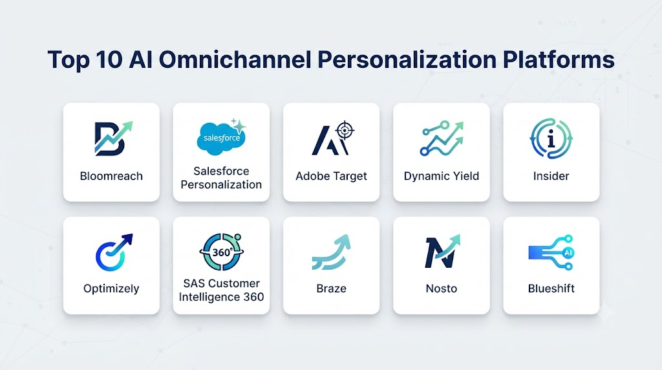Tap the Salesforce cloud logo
click(x=222, y=137)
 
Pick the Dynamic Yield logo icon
click(x=442, y=138)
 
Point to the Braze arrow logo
click(x=332, y=252)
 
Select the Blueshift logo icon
click(x=551, y=252)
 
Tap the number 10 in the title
click(x=109, y=59)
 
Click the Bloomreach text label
click(x=111, y=176)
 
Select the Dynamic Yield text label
click(x=442, y=176)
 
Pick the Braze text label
click(x=332, y=288)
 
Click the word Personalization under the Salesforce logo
click(x=221, y=184)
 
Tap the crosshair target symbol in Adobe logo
click(x=345, y=131)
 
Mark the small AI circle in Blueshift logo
click(x=568, y=253)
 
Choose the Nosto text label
click(x=442, y=288)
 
